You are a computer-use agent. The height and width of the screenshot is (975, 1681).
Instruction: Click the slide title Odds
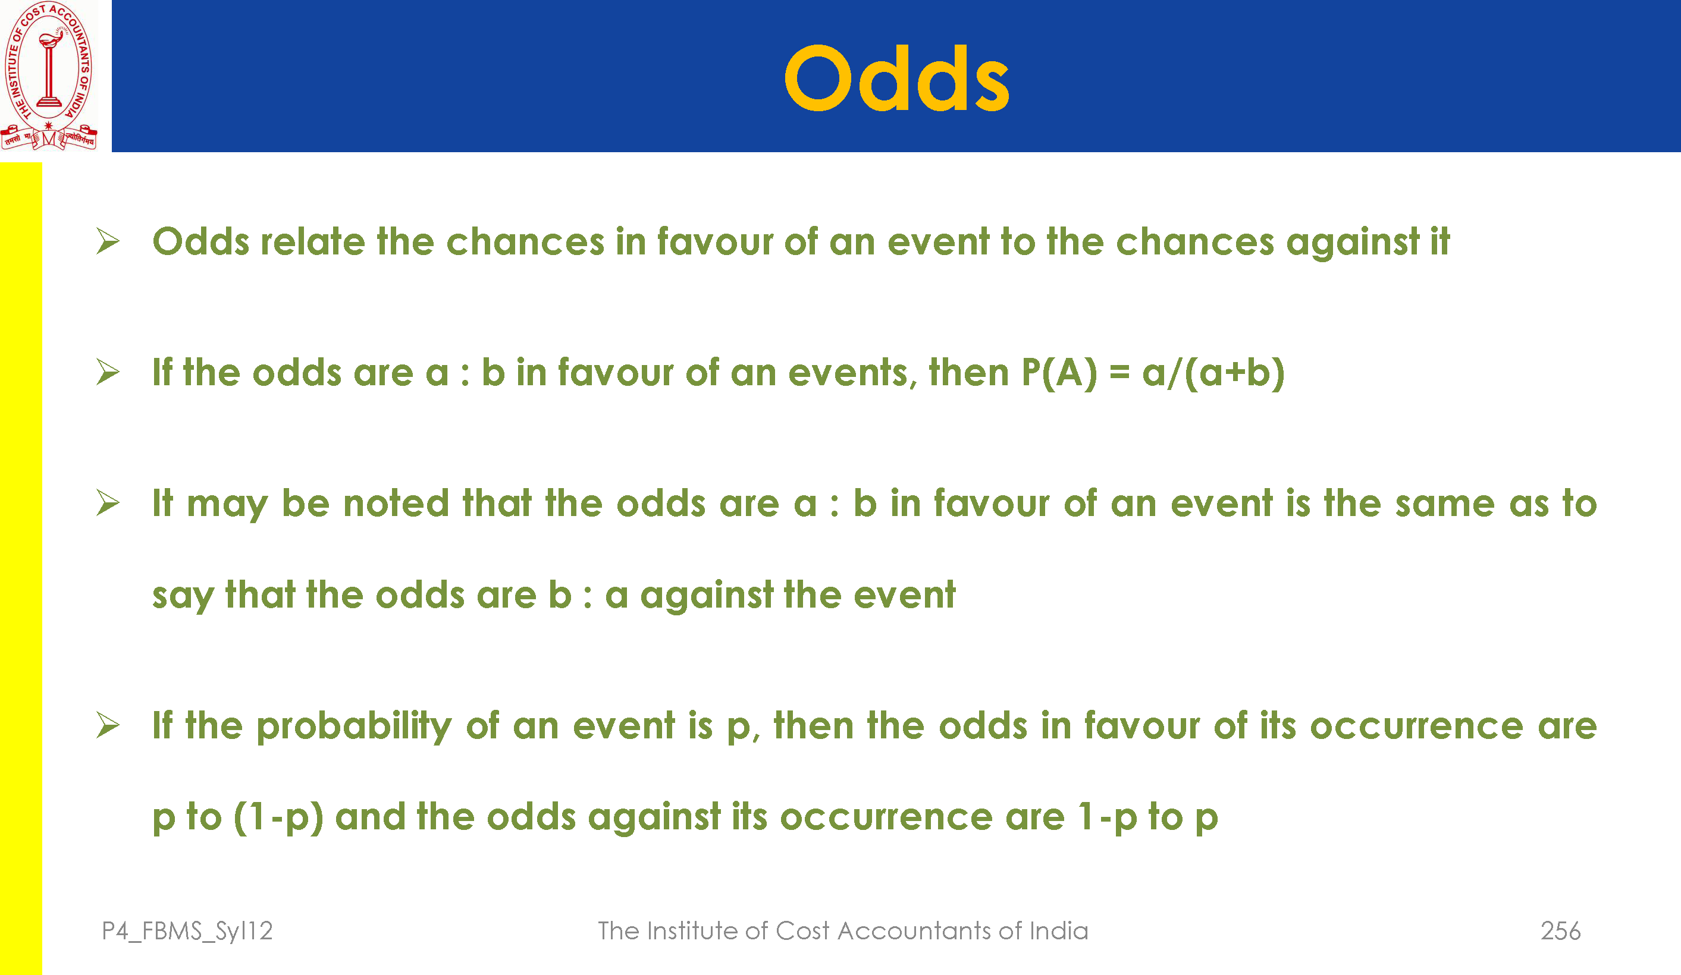pyautogui.click(x=896, y=78)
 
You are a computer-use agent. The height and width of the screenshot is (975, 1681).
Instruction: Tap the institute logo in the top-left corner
pyautogui.click(x=49, y=76)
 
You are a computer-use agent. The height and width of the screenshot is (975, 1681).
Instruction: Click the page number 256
pyautogui.click(x=1560, y=930)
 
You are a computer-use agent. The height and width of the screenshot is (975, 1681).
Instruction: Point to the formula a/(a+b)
pyautogui.click(x=1213, y=373)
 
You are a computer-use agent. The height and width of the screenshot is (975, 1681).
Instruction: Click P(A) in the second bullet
pyautogui.click(x=1059, y=373)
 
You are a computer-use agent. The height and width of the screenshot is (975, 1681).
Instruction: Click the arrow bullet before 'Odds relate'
pyautogui.click(x=108, y=241)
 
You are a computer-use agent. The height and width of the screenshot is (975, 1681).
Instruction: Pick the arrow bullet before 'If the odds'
pyautogui.click(x=108, y=372)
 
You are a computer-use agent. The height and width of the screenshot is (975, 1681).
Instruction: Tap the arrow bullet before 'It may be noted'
pyautogui.click(x=108, y=502)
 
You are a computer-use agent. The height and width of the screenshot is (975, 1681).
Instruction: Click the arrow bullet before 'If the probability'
pyautogui.click(x=108, y=725)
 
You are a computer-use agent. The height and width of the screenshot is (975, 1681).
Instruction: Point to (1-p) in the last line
pyautogui.click(x=278, y=817)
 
